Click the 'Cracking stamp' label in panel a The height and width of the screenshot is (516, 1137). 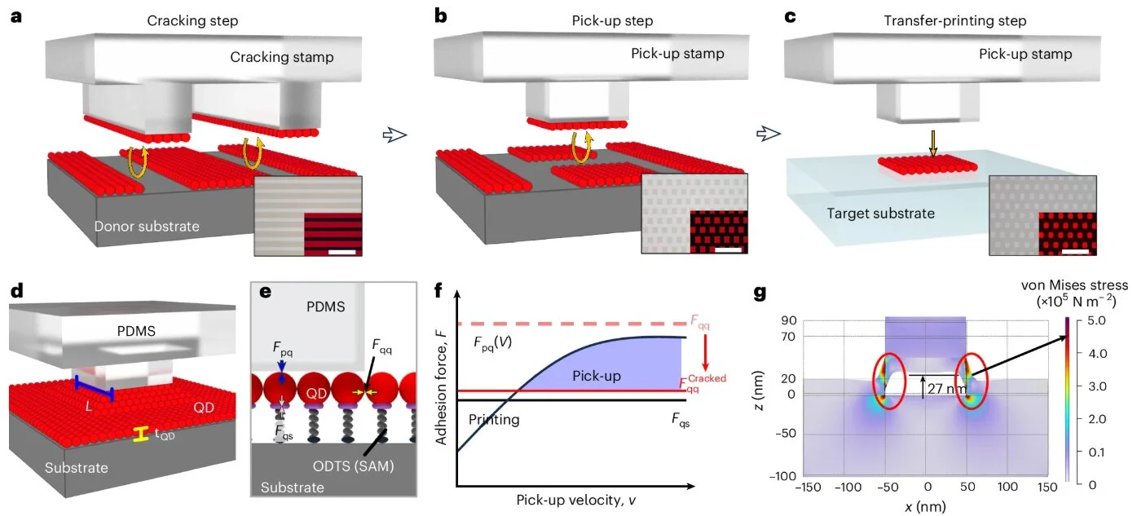pos(282,57)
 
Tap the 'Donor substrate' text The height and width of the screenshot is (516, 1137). pos(147,226)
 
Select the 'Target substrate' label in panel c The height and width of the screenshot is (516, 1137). pos(881,214)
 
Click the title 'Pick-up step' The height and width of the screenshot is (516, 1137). pos(612,21)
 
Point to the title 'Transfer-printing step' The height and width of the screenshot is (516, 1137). pos(954,21)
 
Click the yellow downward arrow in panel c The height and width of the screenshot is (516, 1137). pos(933,143)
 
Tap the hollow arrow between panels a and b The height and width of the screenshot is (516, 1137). pos(394,135)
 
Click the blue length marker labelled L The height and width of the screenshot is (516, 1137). pos(94,389)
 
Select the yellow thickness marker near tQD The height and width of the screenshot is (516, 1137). pos(141,434)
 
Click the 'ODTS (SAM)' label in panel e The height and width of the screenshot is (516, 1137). pos(353,465)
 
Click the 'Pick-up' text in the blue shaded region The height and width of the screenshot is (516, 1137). pos(597,376)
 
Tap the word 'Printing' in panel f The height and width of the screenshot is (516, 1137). pos(494,420)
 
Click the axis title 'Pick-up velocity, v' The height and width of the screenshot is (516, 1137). pos(576,501)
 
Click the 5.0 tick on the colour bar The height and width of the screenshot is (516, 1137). pos(1097,320)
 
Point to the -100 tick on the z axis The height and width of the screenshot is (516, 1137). pos(782,476)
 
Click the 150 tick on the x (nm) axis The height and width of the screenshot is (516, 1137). pos(1047,487)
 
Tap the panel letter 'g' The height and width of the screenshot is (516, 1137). pos(760,293)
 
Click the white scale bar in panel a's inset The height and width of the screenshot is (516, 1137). pos(342,252)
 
